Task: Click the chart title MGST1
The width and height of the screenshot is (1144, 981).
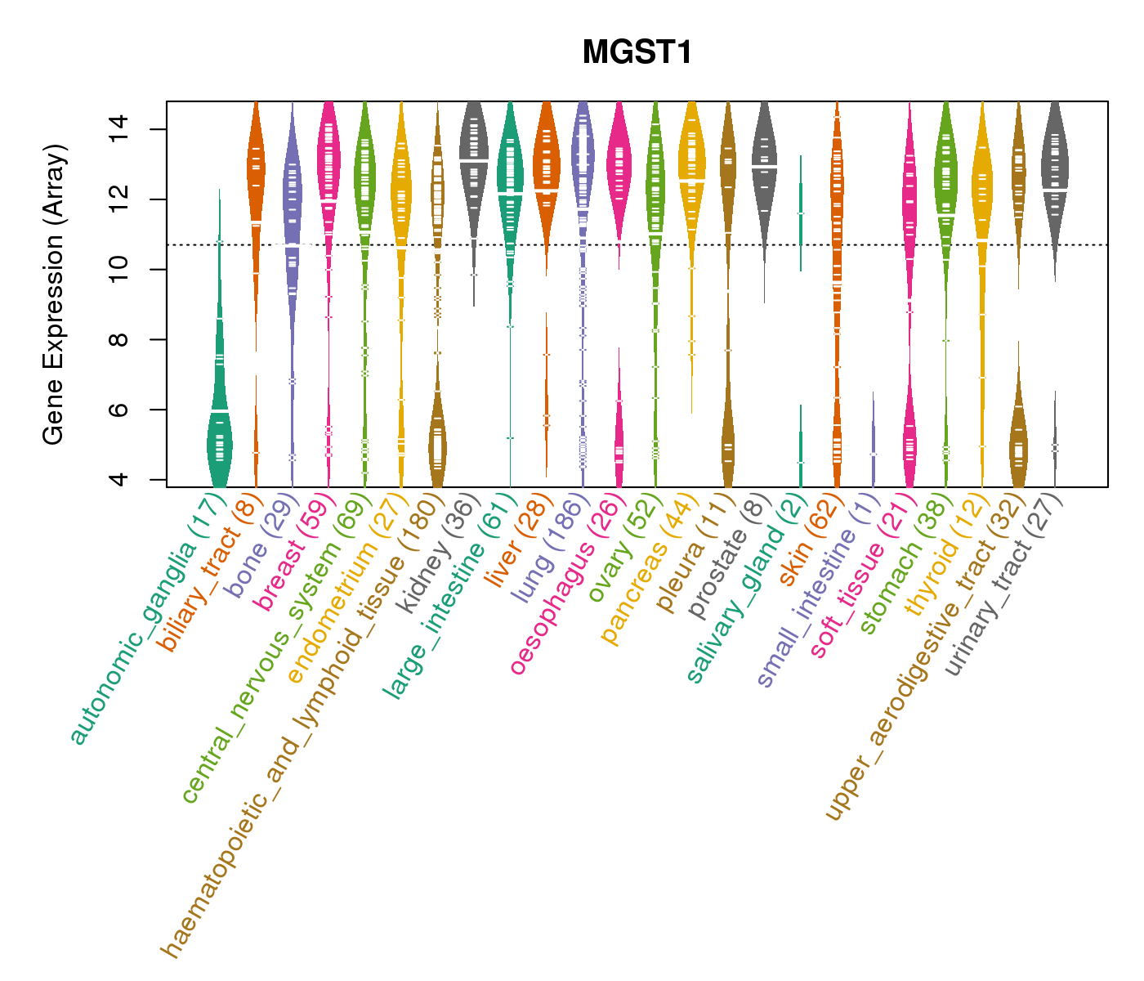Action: pyautogui.click(x=637, y=53)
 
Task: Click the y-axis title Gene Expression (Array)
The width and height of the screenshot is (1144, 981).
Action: pyautogui.click(x=54, y=294)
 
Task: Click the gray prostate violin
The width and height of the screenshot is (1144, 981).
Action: pyautogui.click(x=764, y=155)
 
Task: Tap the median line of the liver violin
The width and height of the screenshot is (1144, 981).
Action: pyautogui.click(x=546, y=190)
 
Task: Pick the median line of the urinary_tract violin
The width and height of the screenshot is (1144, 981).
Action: pyautogui.click(x=1055, y=190)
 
